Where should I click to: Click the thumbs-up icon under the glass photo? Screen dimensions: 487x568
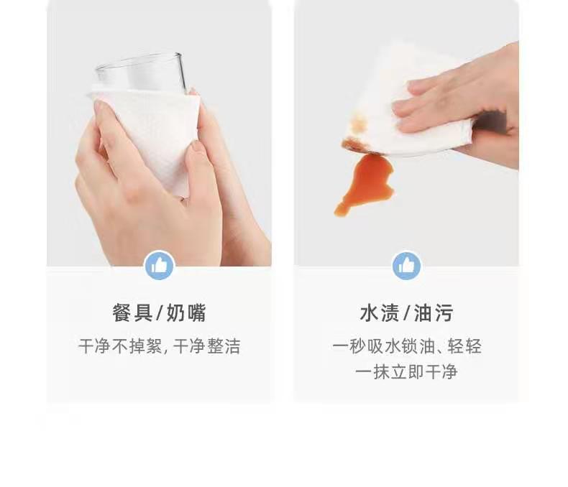[159, 266]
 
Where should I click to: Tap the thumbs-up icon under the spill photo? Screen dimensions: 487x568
[406, 266]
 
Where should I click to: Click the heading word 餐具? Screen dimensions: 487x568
[132, 313]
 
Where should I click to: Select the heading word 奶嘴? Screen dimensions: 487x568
[187, 313]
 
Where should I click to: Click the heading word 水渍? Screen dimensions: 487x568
[379, 313]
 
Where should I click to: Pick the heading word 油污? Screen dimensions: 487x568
[434, 313]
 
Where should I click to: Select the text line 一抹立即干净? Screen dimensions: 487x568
[406, 372]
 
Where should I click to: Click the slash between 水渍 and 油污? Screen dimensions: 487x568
[407, 313]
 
